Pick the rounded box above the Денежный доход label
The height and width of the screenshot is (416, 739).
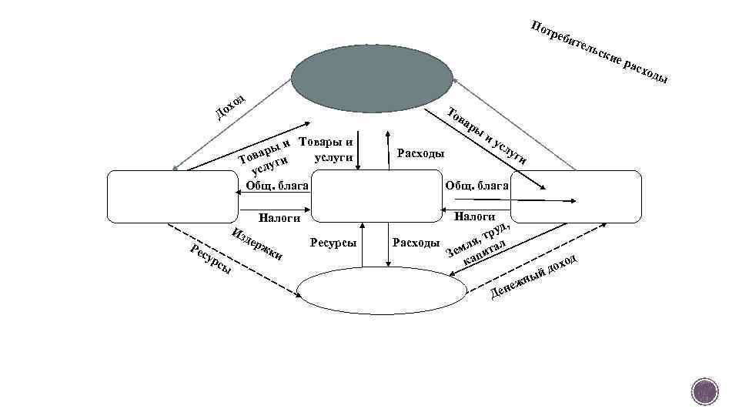(x=574, y=196)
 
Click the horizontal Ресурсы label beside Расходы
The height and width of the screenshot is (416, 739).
(x=333, y=243)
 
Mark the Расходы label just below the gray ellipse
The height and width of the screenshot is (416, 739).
(x=420, y=153)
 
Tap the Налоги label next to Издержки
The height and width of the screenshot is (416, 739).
(x=279, y=218)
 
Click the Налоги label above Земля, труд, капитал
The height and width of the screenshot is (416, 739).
(x=475, y=217)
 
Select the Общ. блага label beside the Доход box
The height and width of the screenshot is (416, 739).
(x=278, y=186)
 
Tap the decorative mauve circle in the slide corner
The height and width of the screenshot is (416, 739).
(x=704, y=392)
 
